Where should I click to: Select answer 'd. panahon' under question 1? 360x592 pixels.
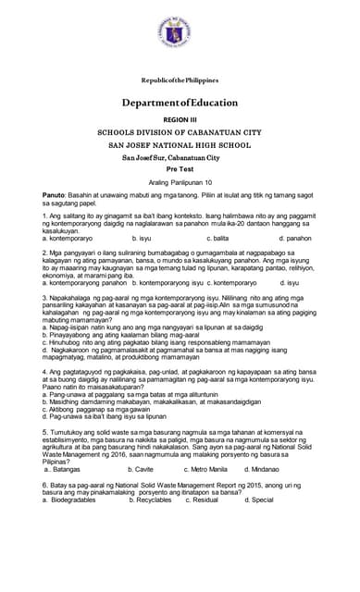[296, 238]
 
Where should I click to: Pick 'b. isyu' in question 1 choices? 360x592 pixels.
[142, 238]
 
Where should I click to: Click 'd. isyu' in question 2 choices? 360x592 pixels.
[288, 282]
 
